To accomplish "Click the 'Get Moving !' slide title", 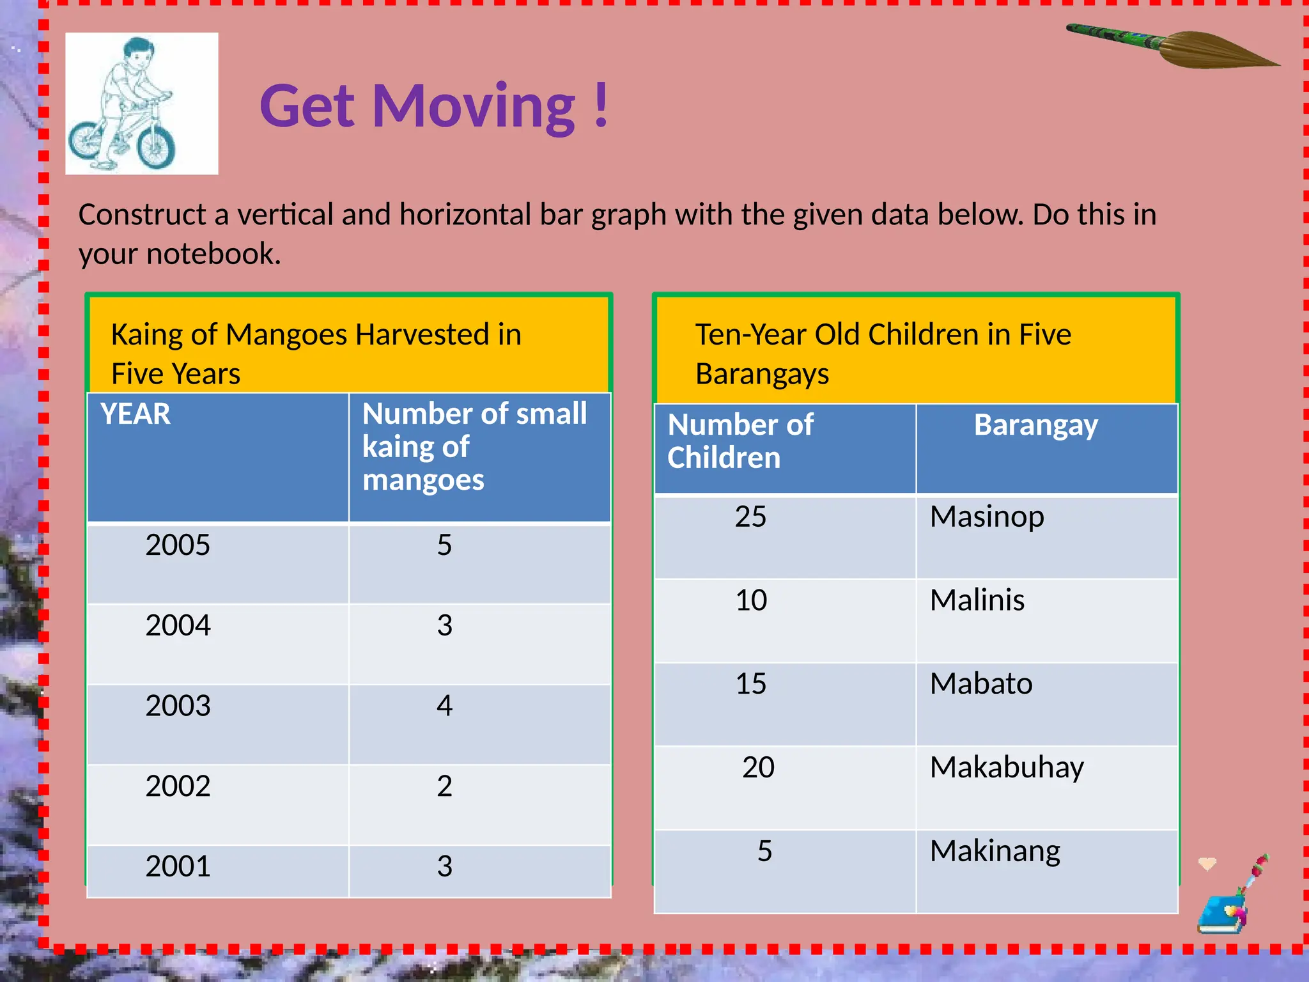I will coord(434,106).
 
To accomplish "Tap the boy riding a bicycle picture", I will coord(141,104).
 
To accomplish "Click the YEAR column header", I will coord(136,414).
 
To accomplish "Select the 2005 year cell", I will coord(178,545).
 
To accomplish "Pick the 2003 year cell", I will coord(178,706).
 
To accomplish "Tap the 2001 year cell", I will coord(178,866).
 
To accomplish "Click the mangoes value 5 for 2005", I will coord(444,545).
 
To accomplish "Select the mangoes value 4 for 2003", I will coord(444,706).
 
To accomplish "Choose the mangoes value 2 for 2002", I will coord(444,786).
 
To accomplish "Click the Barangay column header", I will coord(1035,426).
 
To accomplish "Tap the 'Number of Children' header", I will coord(740,441).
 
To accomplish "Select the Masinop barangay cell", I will coord(987,517).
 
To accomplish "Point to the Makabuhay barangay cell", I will coord(1007,767).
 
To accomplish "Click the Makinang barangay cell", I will coord(995,851).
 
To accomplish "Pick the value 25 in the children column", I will coord(750,517).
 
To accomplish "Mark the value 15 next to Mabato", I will coord(751,683).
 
